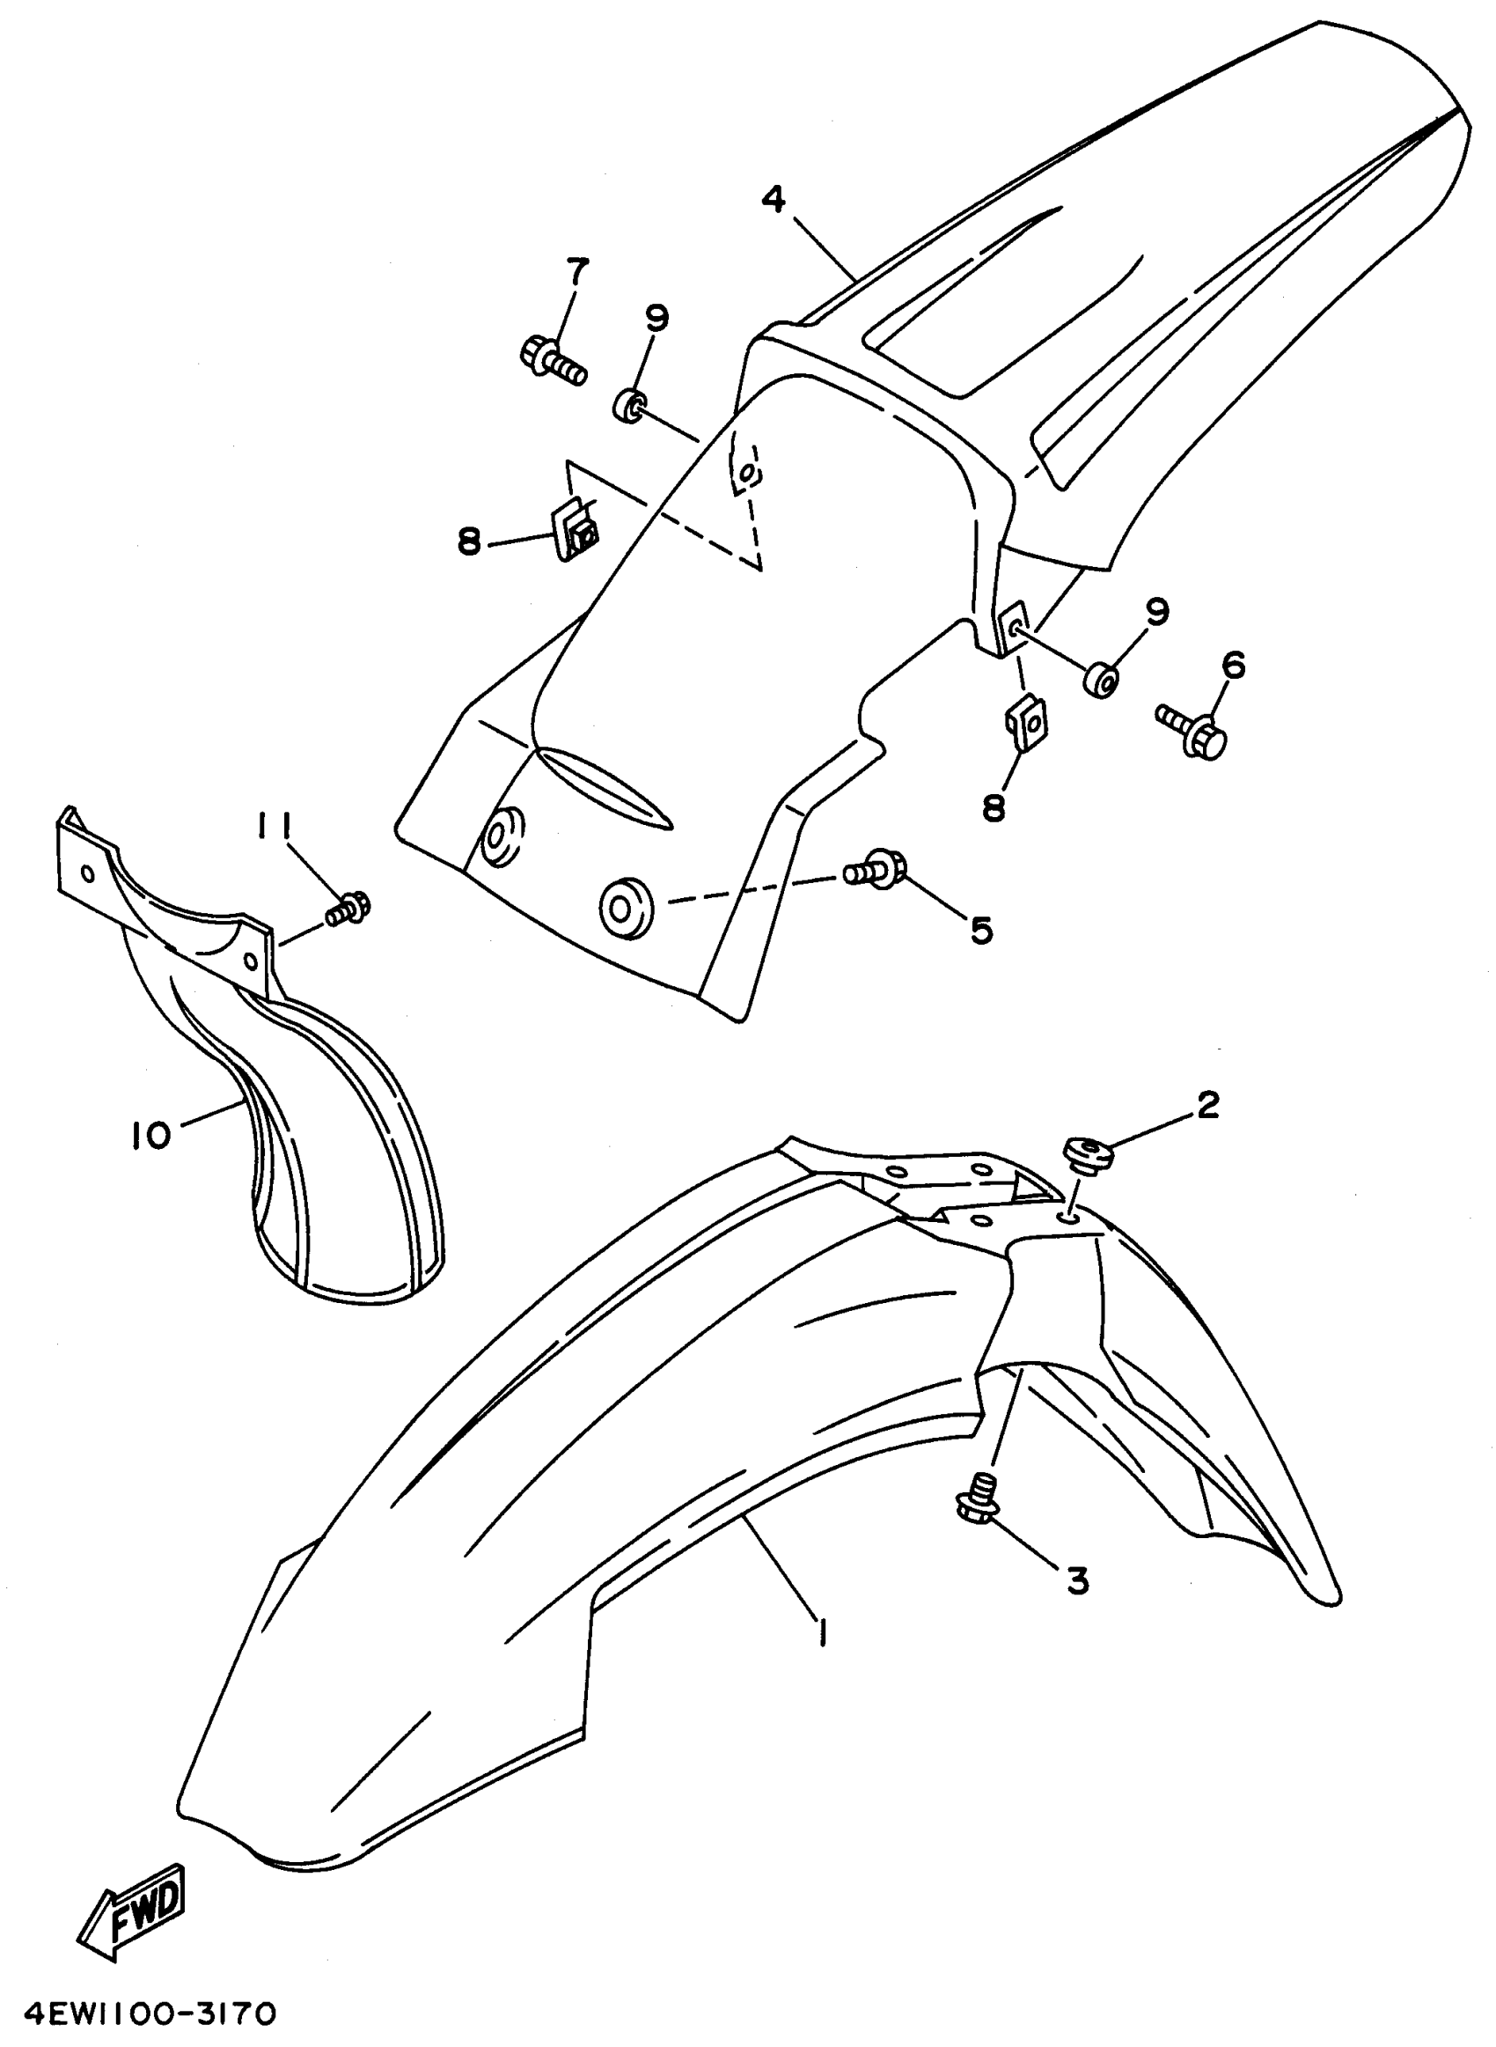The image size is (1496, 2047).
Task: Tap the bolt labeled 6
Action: (x=1192, y=722)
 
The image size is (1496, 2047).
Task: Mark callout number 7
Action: (x=577, y=269)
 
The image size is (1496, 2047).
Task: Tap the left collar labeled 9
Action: (x=628, y=404)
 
